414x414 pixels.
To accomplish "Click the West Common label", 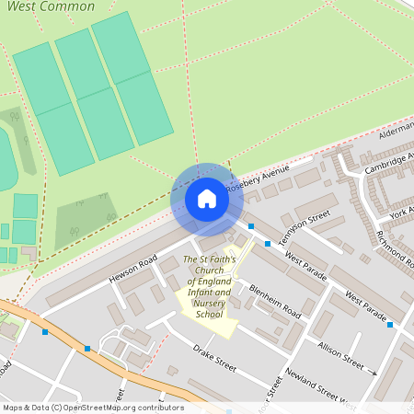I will pos(63,6).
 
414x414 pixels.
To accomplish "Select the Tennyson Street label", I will pos(305,225).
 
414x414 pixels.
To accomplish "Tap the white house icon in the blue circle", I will pos(207,199).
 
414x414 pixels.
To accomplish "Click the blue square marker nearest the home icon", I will pos(251,225).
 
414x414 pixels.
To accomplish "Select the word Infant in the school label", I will pos(199,293).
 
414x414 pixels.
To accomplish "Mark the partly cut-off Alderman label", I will pos(397,132).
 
